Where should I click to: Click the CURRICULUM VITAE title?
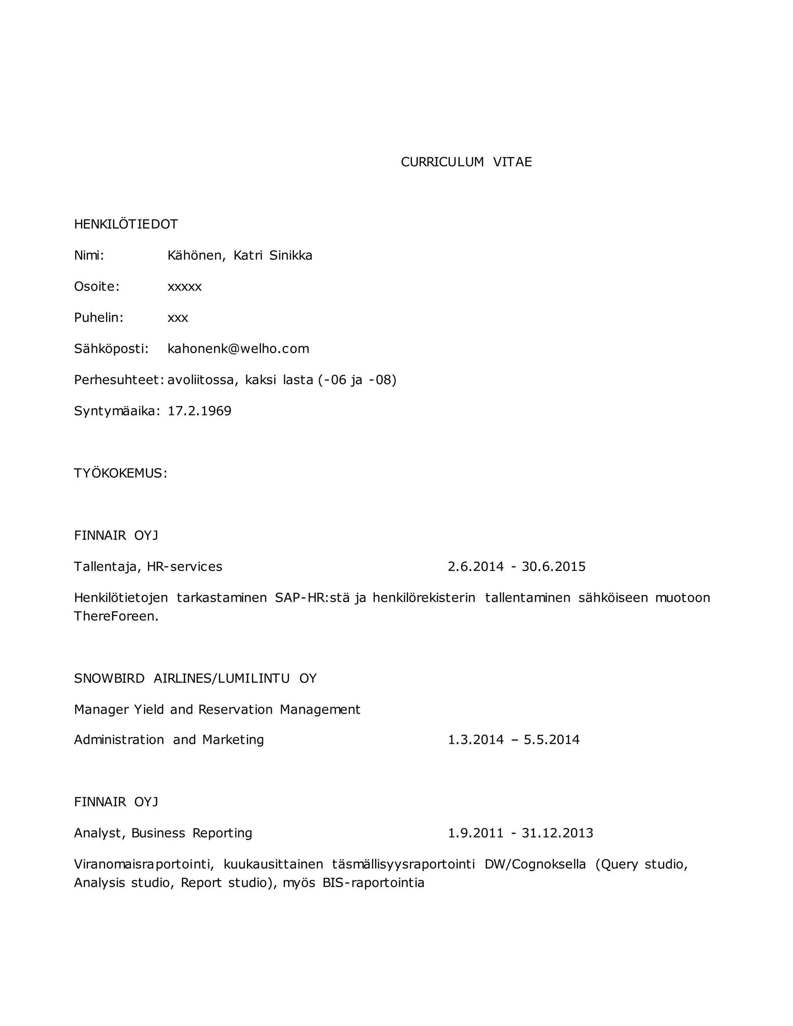[466, 162]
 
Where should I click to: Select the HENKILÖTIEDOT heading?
[126, 224]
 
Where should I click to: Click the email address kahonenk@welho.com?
[238, 348]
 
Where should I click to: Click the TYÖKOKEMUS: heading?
[120, 473]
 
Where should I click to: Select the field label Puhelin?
[99, 317]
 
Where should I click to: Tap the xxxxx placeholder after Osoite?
[185, 287]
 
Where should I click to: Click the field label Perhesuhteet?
[119, 379]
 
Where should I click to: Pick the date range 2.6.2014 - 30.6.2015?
[516, 566]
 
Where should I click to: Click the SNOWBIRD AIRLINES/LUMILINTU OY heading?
[195, 678]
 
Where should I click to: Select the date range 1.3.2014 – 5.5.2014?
[513, 740]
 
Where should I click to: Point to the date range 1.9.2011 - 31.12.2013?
[520, 833]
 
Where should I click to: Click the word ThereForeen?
[116, 616]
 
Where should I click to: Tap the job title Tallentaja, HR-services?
[148, 566]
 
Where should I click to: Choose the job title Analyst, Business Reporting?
[163, 833]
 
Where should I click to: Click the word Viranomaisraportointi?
[144, 865]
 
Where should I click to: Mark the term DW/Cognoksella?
[535, 865]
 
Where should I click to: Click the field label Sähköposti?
[111, 348]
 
